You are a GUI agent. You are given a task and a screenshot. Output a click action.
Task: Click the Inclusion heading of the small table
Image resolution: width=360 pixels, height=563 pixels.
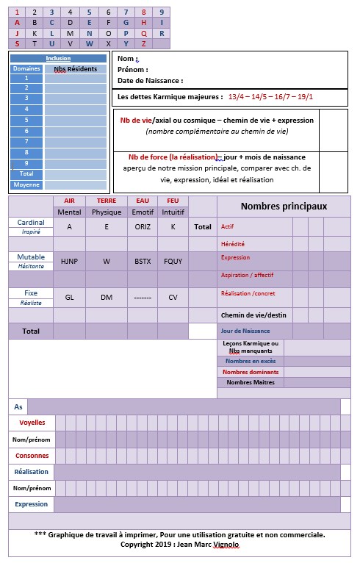point(58,58)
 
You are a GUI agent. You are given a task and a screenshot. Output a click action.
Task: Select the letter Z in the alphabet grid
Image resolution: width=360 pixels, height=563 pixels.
point(143,43)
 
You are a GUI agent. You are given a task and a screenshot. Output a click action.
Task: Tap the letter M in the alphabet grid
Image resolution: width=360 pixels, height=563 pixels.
point(70,33)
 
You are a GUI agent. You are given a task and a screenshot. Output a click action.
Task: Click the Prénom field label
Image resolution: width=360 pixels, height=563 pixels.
point(132,70)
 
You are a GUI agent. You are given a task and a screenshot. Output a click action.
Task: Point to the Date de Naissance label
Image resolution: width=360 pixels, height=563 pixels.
point(150,81)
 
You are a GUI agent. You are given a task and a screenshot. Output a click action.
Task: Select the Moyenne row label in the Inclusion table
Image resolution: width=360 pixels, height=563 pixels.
point(26,184)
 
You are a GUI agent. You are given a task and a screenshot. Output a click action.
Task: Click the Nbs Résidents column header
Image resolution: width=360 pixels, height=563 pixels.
point(75,68)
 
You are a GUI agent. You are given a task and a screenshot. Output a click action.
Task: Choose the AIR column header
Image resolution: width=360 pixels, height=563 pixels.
point(69,201)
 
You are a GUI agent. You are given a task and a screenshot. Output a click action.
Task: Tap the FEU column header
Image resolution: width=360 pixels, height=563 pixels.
point(173,201)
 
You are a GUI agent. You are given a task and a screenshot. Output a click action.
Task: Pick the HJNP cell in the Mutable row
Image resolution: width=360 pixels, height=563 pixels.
point(69,261)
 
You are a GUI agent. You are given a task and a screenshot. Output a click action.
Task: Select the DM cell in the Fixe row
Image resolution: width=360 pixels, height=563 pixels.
point(107,298)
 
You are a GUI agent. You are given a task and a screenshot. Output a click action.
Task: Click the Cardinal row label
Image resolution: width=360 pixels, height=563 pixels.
point(31,222)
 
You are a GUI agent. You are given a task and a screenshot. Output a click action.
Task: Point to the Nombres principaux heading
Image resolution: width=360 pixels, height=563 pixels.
point(284,207)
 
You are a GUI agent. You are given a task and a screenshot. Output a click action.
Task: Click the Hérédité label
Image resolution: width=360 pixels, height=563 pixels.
point(233,243)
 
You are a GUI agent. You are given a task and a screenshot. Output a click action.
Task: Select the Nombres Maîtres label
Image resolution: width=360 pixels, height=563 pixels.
point(248,382)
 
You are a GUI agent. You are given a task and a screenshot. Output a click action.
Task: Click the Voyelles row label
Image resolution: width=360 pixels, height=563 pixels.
point(31,423)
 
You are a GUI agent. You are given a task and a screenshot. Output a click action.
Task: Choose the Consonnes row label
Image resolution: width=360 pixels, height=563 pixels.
point(31,456)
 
